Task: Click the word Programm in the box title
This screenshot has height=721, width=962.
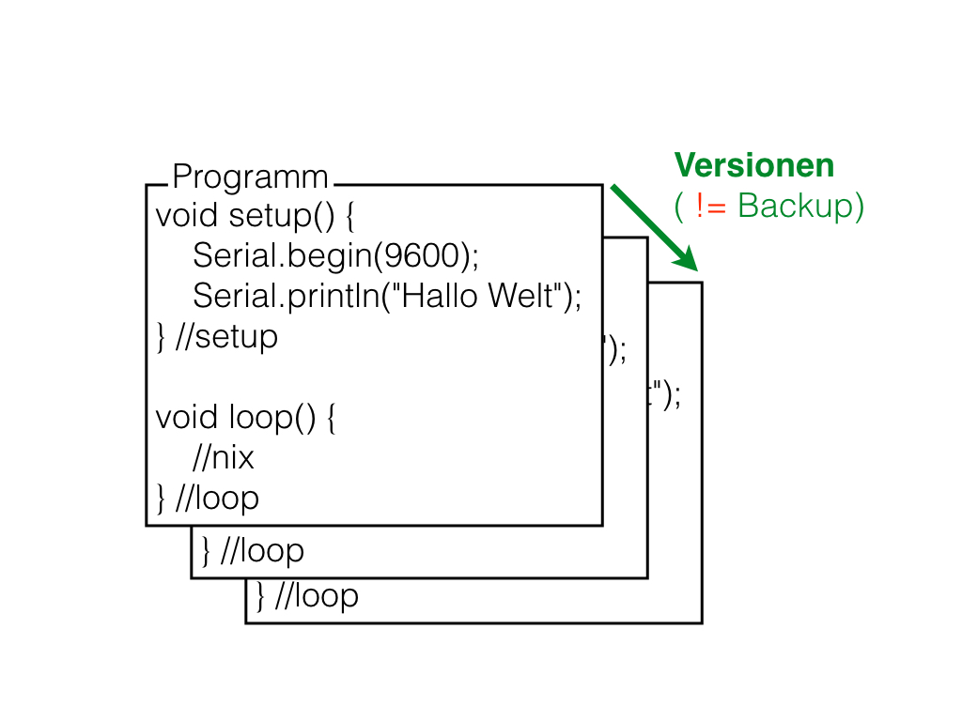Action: (x=251, y=176)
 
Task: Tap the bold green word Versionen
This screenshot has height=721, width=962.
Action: (x=754, y=166)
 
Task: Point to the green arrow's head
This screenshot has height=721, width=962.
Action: (x=687, y=258)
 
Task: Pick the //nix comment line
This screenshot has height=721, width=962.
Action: (x=224, y=458)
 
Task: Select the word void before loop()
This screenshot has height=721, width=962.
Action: (x=187, y=417)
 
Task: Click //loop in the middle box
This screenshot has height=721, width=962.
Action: (x=262, y=551)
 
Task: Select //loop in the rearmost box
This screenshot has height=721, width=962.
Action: (x=317, y=595)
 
